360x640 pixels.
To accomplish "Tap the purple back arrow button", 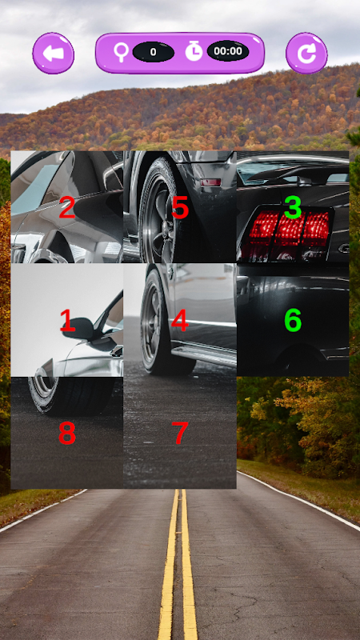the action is coord(53,53).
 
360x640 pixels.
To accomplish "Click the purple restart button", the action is coord(306,53).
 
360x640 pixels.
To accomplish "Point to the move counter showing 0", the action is coord(154,52).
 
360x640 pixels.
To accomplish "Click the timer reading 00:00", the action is coord(228,51).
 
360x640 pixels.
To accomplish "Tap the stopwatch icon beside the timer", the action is coord(194,51).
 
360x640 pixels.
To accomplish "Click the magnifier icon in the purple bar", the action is coord(122,52).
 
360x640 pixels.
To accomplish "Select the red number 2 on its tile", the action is coord(67,207).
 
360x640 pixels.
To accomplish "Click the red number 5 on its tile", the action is coord(180,207).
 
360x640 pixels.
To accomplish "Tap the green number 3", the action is coord(293,207).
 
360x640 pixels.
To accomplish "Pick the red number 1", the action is coord(67,321).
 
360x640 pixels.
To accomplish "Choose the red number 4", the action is coord(179,321).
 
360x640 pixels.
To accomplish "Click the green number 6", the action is coord(293,321).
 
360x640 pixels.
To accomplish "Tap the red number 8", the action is coord(67,434).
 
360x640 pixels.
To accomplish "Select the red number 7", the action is coord(180,434).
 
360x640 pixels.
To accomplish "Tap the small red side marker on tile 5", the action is coord(210,182).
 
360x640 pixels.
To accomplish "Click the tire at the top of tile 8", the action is coord(70,395).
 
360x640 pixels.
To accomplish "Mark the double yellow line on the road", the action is coord(178,564).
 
